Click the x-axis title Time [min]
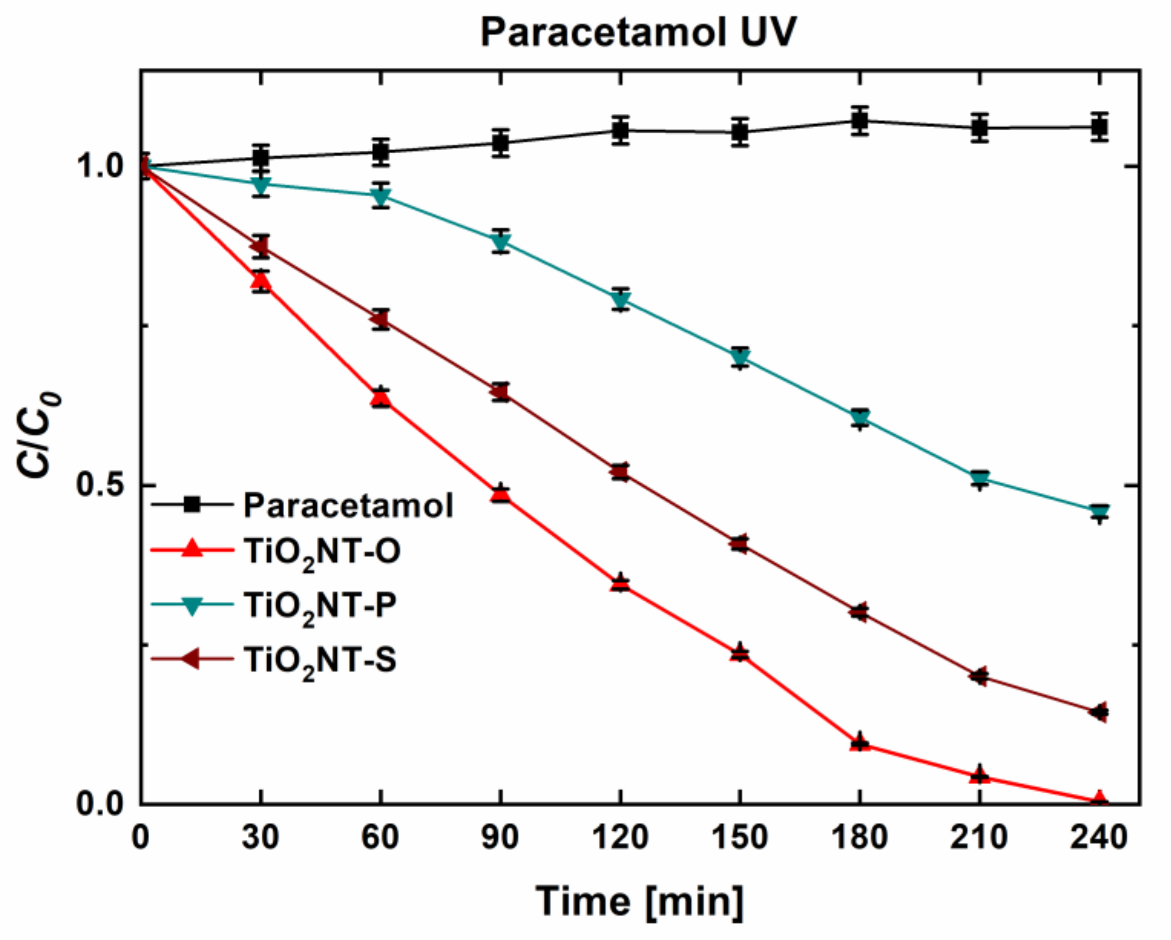click(639, 900)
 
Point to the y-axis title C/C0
click(39, 434)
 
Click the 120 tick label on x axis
click(620, 837)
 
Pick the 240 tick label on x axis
click(1099, 837)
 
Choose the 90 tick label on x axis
click(500, 837)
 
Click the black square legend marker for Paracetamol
click(192, 504)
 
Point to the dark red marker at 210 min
click(979, 676)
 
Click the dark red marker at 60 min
click(380, 320)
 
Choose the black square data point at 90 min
click(500, 144)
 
